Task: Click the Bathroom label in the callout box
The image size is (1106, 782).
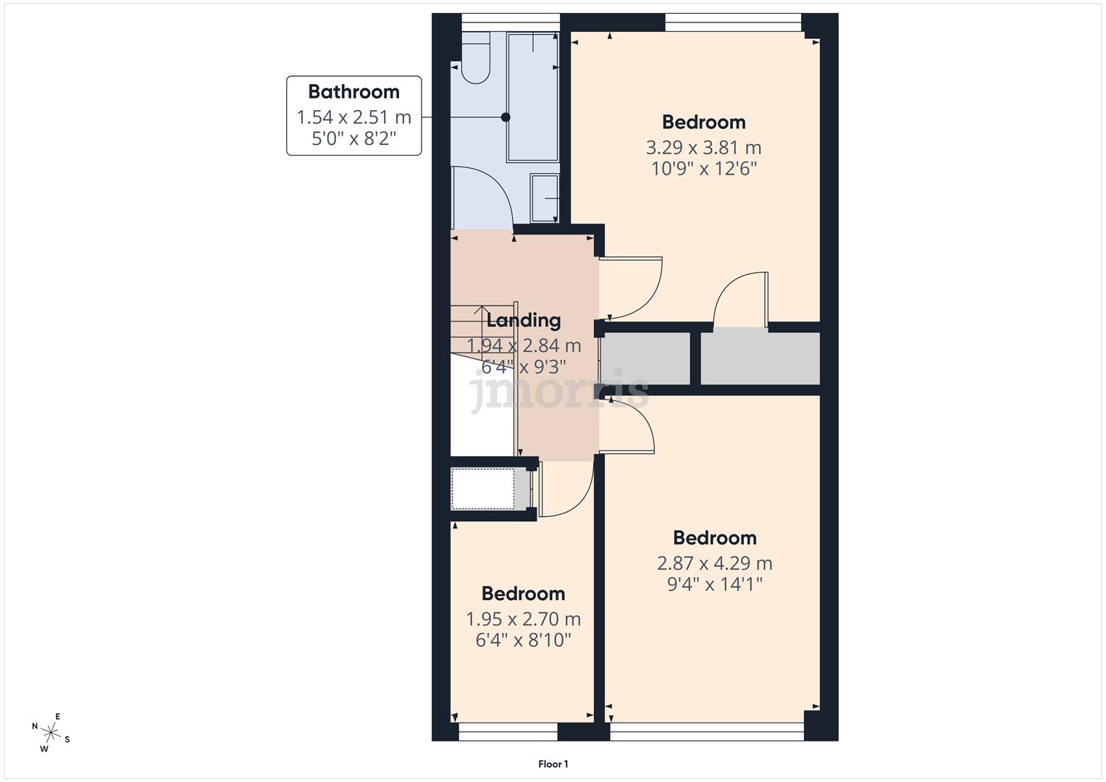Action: click(x=353, y=92)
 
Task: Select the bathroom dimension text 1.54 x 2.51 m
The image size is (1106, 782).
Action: click(x=353, y=117)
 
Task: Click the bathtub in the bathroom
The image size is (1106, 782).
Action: click(x=532, y=96)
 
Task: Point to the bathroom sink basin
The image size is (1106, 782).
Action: click(x=544, y=198)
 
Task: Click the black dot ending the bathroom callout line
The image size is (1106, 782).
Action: click(x=506, y=117)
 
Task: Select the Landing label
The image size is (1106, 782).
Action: click(x=523, y=320)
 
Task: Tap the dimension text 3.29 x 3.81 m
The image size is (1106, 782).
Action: click(x=703, y=148)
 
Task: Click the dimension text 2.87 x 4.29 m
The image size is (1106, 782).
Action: click(x=714, y=563)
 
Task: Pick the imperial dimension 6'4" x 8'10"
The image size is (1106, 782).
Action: click(x=523, y=640)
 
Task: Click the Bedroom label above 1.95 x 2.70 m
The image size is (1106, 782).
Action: click(x=523, y=594)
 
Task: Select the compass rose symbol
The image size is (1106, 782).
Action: click(x=51, y=733)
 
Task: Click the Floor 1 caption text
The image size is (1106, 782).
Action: click(x=553, y=764)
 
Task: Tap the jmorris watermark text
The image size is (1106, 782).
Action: click(x=558, y=392)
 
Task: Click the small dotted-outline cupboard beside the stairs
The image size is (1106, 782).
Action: click(x=484, y=489)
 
